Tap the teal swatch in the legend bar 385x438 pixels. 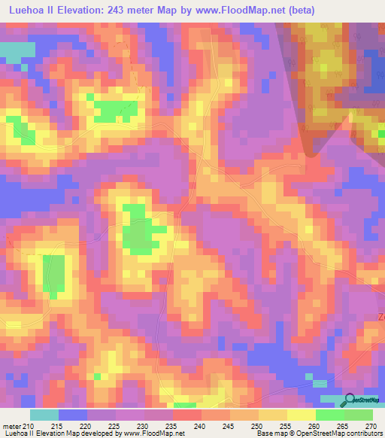[x=44, y=415]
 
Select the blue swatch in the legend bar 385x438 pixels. [x=73, y=415]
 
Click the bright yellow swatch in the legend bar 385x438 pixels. [x=302, y=415]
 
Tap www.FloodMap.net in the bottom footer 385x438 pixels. [x=155, y=433]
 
